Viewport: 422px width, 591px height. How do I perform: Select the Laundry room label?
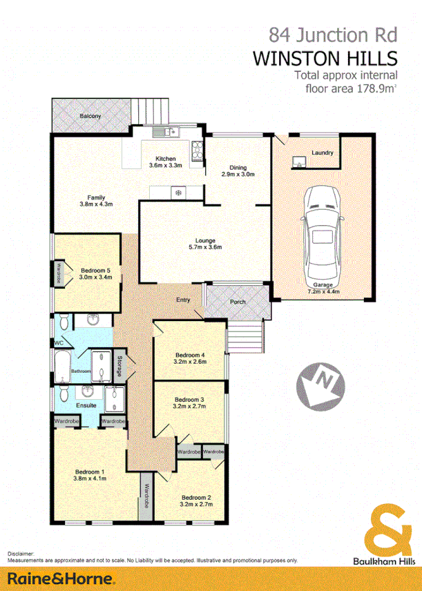coord(323,153)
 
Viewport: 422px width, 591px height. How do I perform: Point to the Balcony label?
coord(90,116)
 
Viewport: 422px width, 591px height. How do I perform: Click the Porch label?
coord(238,301)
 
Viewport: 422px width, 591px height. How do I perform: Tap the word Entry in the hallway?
coord(183,300)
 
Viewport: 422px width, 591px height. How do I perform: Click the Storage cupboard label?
coord(120,365)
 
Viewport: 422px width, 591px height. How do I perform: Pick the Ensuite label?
coord(86,405)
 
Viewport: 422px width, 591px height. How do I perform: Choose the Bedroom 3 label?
coord(189,399)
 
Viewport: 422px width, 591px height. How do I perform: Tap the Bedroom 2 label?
coord(196,497)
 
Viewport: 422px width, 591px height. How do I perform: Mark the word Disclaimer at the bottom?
coord(21,554)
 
